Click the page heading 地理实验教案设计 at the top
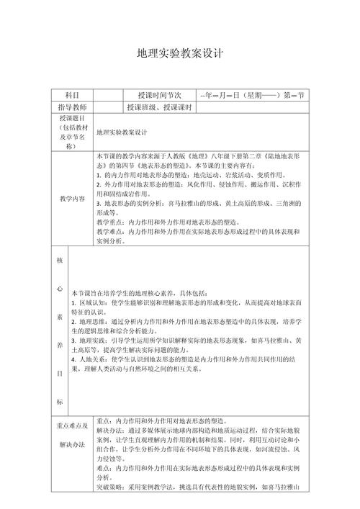point(181,54)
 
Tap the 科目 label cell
point(72,95)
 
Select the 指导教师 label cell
point(72,107)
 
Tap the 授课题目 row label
point(72,132)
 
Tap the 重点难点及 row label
point(71,426)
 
